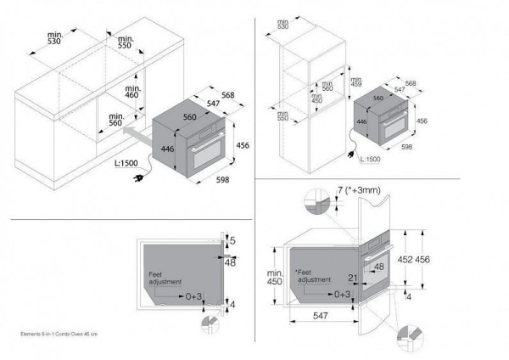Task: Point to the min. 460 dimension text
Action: pos(131,91)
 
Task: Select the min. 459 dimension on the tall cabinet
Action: pos(355,84)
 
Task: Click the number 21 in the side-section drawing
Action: pos(353,277)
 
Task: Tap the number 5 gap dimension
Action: pos(233,242)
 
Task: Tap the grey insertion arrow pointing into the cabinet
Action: pos(136,133)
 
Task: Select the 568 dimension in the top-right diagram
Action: pos(411,83)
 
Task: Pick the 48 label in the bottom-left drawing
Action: pos(231,262)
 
